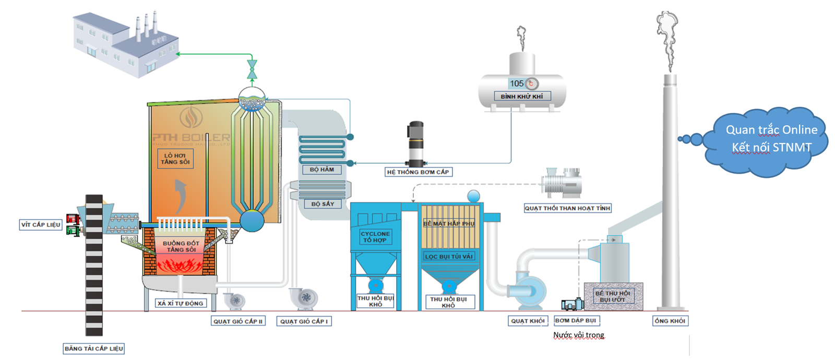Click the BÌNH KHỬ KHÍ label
[522, 97]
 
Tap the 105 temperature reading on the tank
[517, 83]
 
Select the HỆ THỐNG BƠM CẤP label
[417, 172]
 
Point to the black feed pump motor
[415, 143]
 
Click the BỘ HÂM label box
[321, 170]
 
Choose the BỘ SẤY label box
[322, 204]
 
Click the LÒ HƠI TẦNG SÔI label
[175, 159]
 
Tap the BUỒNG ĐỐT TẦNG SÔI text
[181, 246]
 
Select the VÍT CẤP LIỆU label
[41, 225]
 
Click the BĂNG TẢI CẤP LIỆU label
[94, 349]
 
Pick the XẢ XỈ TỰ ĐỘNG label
[181, 303]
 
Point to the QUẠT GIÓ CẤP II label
[238, 321]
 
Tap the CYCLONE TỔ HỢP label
[375, 237]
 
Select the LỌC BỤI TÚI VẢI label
[449, 256]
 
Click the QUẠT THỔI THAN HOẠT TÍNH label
[567, 208]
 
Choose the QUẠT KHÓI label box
[528, 321]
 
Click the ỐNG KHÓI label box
[670, 321]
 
